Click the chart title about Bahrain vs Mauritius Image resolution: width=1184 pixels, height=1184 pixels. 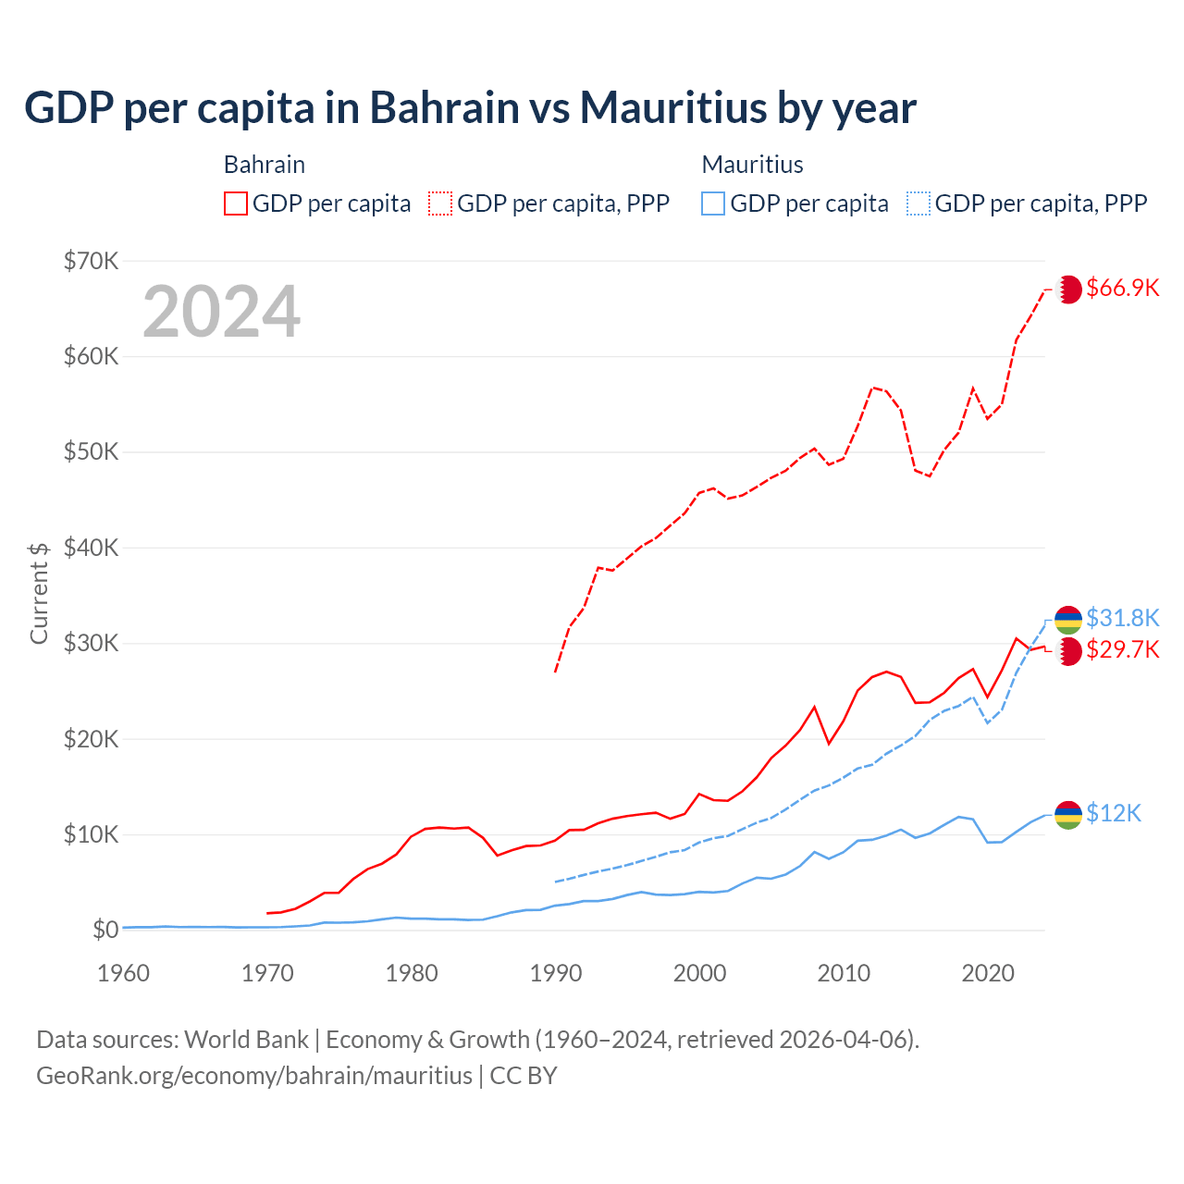pos(470,108)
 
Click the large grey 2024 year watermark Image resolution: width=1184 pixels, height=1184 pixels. pos(222,312)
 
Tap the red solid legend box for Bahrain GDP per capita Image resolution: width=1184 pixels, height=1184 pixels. pos(236,203)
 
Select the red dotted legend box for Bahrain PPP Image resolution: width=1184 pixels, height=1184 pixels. pos(440,203)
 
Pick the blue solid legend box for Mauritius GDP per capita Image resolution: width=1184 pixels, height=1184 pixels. pos(713,203)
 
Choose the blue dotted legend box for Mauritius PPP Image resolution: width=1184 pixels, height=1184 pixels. pos(919,203)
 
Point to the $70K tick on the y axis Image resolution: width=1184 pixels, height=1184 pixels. pos(91,261)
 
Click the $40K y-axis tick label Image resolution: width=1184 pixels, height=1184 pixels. pos(91,548)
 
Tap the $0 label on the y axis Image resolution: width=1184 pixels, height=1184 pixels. pos(105,930)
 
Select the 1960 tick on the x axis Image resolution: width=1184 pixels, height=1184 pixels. pos(123,973)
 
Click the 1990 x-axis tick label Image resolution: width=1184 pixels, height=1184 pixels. pos(556,973)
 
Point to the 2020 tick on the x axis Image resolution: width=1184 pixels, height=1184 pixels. pos(988,973)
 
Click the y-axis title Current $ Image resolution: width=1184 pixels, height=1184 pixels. pos(39,593)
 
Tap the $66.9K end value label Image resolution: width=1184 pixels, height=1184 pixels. pos(1122,288)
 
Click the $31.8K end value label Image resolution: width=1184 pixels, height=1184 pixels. pos(1122,618)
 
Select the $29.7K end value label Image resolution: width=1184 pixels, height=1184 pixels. pos(1122,649)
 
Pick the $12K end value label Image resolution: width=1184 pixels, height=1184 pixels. pos(1114,813)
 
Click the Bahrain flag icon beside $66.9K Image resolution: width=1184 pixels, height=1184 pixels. pos(1068,290)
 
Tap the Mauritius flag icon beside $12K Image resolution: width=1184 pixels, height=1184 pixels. pos(1068,815)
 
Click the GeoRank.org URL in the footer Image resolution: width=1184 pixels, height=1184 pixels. pos(254,1076)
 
